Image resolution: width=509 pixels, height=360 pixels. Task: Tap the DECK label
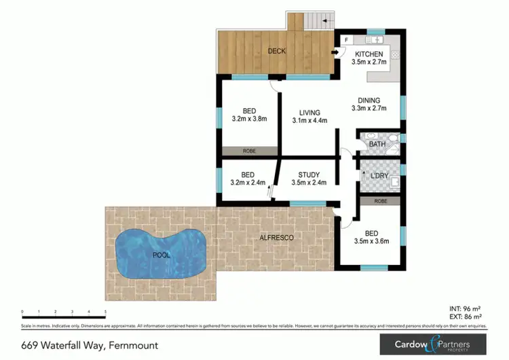pyautogui.click(x=276, y=51)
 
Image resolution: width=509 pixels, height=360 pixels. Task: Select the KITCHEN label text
pyautogui.click(x=369, y=54)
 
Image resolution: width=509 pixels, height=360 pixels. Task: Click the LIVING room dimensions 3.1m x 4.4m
pyautogui.click(x=310, y=121)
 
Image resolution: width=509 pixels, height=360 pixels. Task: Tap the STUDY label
pyautogui.click(x=309, y=175)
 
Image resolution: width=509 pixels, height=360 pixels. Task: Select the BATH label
pyautogui.click(x=377, y=144)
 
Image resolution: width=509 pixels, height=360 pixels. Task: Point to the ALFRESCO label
pyautogui.click(x=277, y=237)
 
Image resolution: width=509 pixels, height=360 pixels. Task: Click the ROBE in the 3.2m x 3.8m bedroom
pyautogui.click(x=249, y=151)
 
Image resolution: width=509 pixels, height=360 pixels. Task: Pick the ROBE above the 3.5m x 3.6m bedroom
pyautogui.click(x=380, y=201)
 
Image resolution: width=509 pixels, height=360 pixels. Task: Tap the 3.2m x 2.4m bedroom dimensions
pyautogui.click(x=249, y=183)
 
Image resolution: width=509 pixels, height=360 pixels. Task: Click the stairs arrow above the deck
pyautogui.click(x=326, y=22)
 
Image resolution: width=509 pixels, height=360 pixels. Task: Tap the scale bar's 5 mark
pyautogui.click(x=105, y=312)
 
